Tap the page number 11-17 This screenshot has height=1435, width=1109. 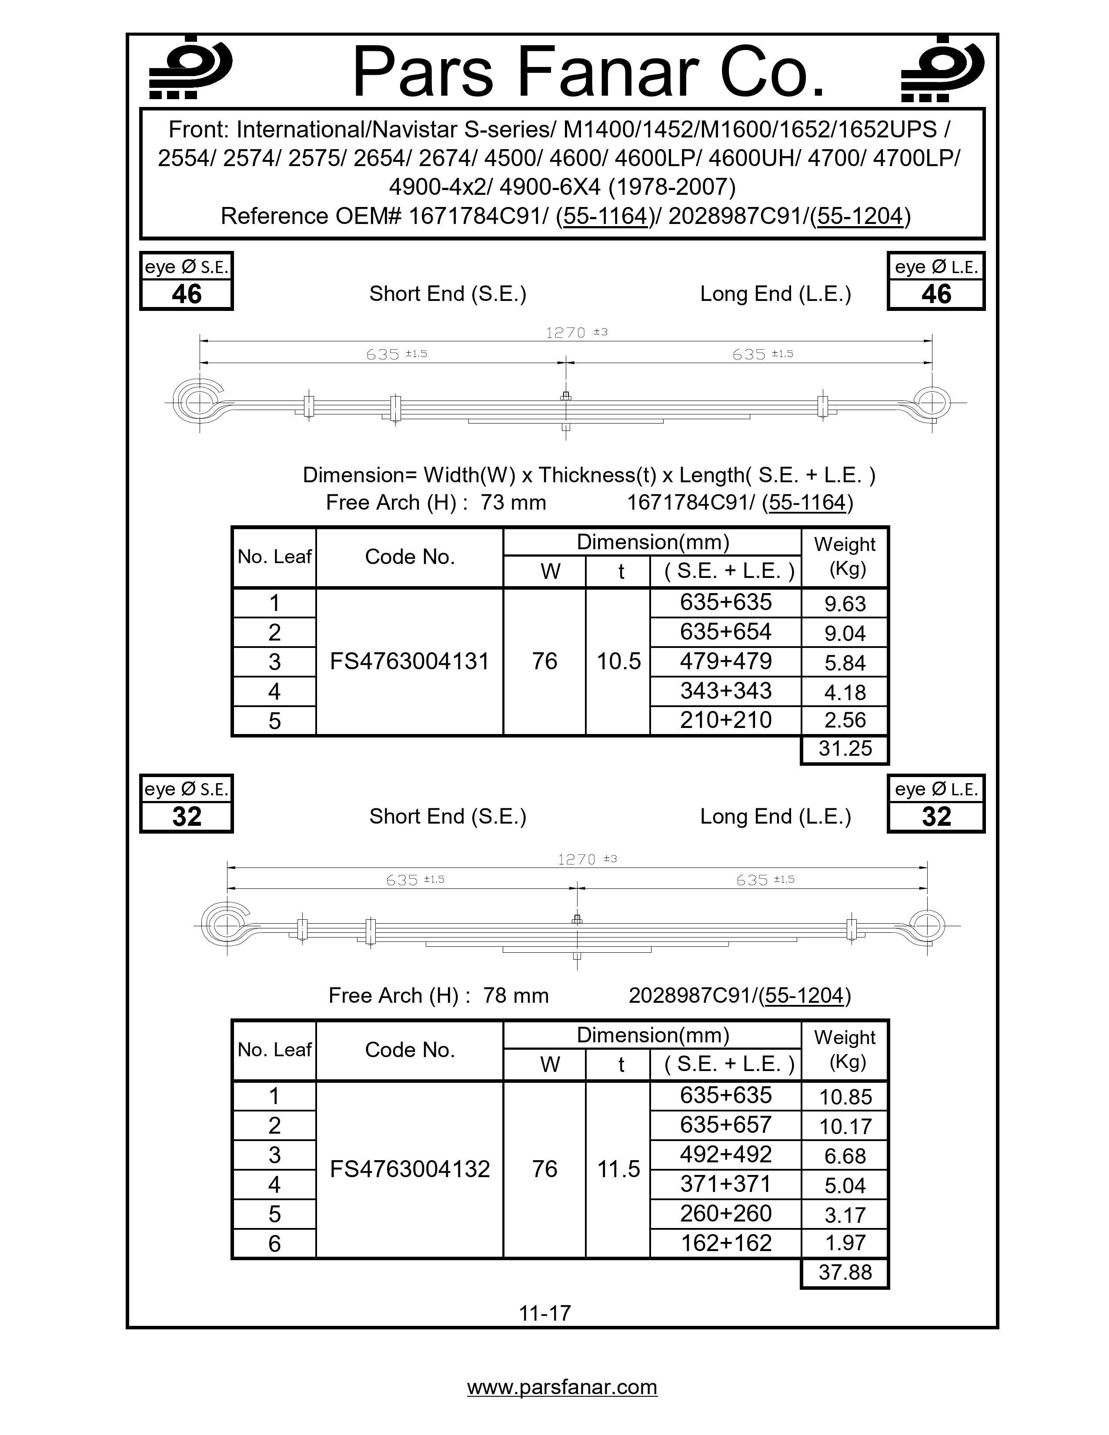click(x=544, y=1313)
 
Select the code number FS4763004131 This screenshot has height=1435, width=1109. click(x=409, y=661)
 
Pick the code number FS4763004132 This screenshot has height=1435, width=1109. click(x=409, y=1169)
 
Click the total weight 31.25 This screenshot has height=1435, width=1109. click(x=845, y=748)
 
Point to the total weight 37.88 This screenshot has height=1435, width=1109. click(x=845, y=1272)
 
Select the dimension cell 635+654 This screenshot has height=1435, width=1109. click(x=725, y=631)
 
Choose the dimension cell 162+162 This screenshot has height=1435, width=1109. click(x=725, y=1242)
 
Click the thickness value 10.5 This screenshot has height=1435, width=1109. click(x=618, y=661)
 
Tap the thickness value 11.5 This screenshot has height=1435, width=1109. click(x=618, y=1169)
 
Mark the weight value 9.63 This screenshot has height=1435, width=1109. click(x=845, y=603)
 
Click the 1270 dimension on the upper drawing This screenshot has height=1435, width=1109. click(x=566, y=333)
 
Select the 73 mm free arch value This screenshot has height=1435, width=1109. click(x=513, y=502)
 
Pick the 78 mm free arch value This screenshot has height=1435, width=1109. click(x=516, y=995)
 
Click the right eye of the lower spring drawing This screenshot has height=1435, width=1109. click(x=926, y=925)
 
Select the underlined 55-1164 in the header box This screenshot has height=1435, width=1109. click(x=605, y=216)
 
